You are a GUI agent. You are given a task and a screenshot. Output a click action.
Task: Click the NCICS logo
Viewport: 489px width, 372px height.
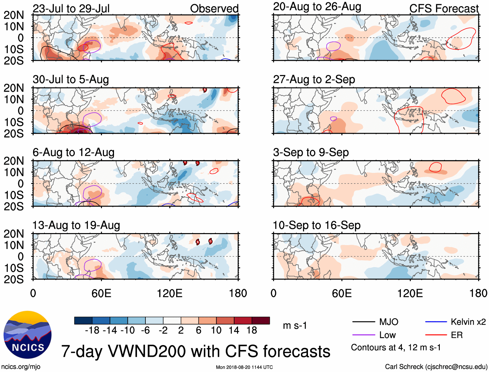tap(28, 335)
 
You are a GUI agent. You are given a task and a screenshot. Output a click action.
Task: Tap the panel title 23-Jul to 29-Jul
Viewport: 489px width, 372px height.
tap(71, 9)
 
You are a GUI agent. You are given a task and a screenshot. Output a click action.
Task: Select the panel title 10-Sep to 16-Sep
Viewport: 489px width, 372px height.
tap(317, 225)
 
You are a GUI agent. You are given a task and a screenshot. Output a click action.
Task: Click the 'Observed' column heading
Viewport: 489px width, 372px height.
tap(214, 9)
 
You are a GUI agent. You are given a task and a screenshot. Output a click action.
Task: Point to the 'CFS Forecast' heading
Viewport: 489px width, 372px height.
tap(444, 9)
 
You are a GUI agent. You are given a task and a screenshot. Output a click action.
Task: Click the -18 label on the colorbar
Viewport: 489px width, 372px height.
tap(92, 330)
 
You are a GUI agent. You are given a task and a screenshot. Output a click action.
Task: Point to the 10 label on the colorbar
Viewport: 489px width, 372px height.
tap(216, 330)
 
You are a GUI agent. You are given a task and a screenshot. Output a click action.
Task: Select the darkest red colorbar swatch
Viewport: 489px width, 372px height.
tap(261, 321)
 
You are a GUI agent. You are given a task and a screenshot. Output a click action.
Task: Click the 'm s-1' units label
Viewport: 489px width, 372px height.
tap(295, 325)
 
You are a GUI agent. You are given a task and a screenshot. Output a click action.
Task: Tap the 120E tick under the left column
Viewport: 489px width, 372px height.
tap(170, 293)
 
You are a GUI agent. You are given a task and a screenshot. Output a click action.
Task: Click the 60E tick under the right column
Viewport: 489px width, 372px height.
tap(342, 293)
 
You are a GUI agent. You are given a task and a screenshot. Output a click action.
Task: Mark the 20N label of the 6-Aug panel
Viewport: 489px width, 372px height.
tap(14, 161)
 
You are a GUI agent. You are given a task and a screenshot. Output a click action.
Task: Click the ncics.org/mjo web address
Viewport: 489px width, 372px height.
tap(21, 367)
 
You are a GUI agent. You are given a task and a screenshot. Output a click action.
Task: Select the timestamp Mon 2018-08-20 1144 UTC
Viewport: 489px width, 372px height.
tap(244, 367)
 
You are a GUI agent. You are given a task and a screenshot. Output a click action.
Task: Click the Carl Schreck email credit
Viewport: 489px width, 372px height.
tap(436, 367)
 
